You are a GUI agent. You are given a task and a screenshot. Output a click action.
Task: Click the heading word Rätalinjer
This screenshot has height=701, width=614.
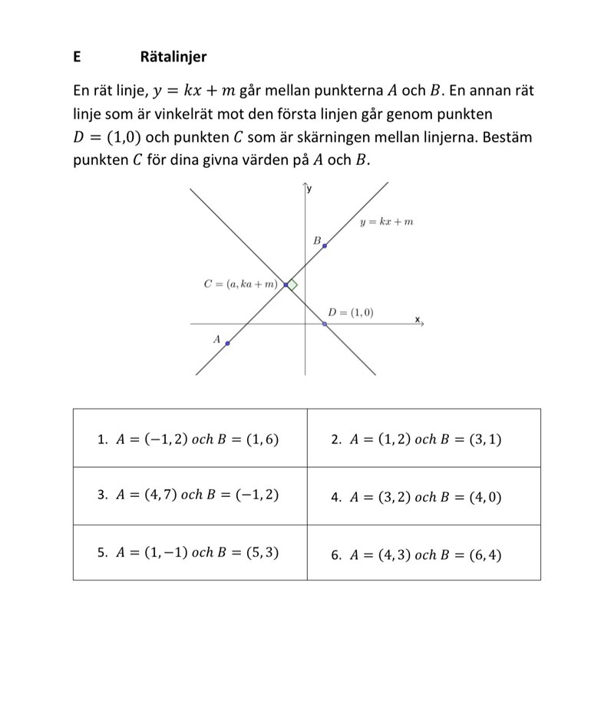coord(173,57)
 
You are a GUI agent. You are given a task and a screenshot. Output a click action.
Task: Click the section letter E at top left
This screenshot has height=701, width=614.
coord(78,57)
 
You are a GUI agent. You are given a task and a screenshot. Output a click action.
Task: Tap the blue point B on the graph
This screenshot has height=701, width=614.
coord(324,246)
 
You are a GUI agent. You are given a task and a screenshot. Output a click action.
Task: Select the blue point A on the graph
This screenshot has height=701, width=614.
coord(227,344)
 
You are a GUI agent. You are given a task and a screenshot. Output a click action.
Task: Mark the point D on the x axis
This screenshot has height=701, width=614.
coord(325,324)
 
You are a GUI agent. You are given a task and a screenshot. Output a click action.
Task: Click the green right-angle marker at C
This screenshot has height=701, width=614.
coord(292,285)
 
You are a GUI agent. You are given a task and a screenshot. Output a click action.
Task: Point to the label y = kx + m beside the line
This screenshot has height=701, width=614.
coord(387,222)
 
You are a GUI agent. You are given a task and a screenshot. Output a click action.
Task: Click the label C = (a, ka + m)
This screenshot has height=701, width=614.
coord(241,285)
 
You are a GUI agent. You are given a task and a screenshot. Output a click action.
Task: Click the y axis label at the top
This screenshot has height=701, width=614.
coord(310,189)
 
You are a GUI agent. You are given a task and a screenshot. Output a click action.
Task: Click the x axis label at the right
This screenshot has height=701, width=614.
coord(418,318)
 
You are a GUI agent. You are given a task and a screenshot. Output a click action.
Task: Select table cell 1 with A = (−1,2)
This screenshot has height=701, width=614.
coord(190,439)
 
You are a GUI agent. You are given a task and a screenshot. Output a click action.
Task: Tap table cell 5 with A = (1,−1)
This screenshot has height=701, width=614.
coord(190,552)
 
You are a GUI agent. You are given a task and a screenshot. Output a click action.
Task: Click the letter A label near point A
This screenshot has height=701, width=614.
coord(216,338)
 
